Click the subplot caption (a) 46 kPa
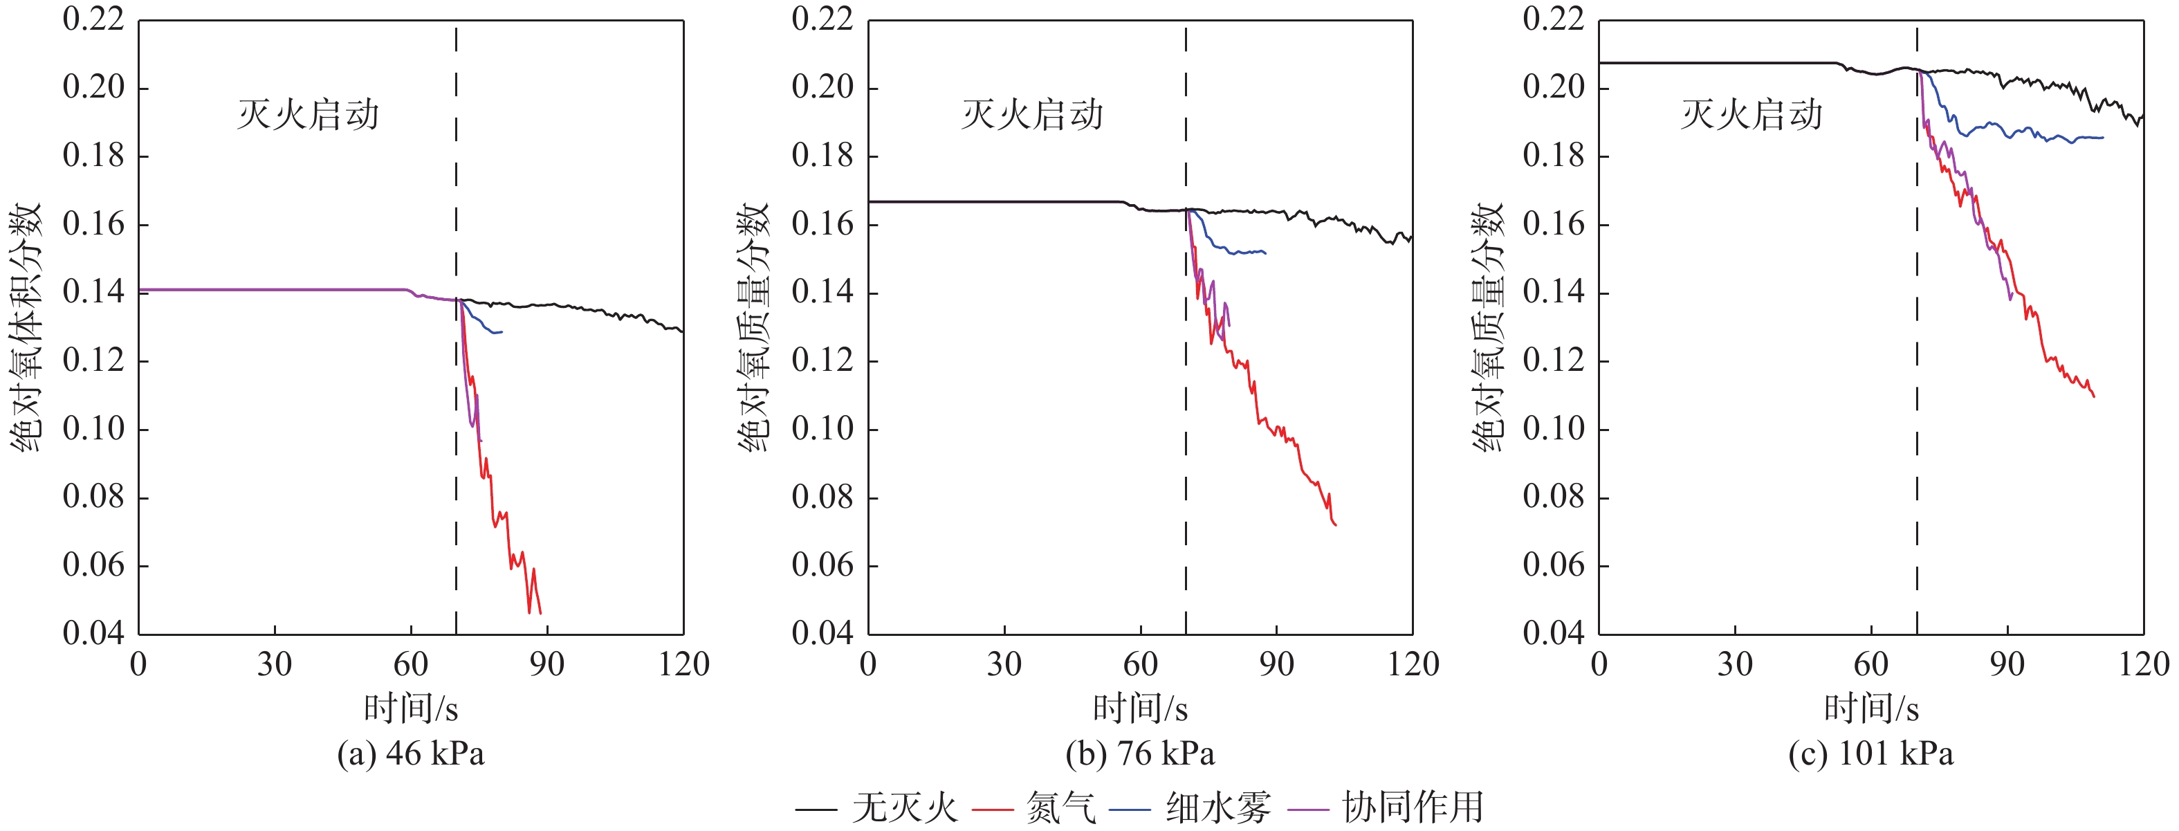(410, 753)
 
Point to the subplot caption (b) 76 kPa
(1139, 753)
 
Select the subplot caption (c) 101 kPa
(1870, 753)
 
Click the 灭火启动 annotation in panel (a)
(308, 114)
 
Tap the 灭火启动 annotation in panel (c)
(1751, 114)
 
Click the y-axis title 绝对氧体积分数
(26, 327)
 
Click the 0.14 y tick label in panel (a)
(93, 292)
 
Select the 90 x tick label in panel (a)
(546, 664)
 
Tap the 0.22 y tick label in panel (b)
(822, 19)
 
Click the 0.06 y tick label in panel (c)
(1553, 565)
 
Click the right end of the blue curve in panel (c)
(2103, 137)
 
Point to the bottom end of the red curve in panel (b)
(1336, 525)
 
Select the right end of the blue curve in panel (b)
(1265, 252)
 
